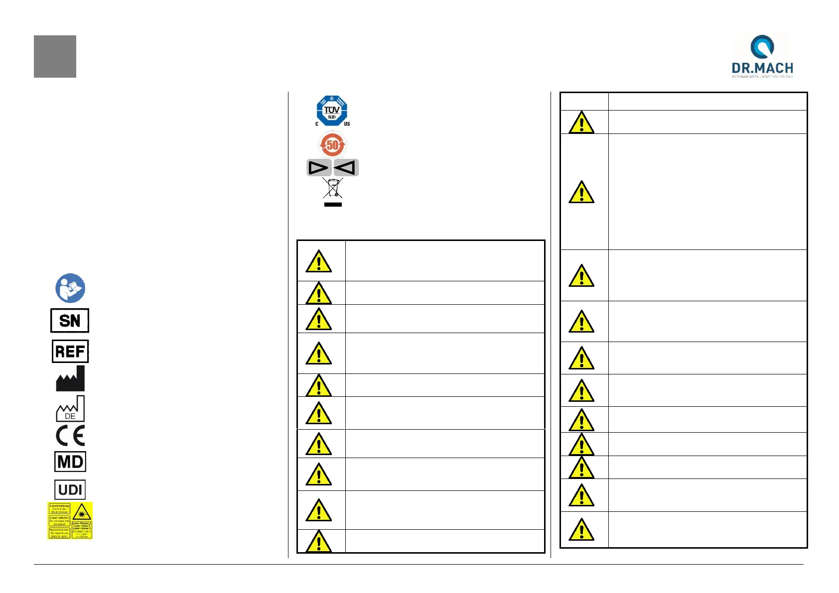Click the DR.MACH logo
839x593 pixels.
click(762, 56)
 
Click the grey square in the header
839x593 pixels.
click(55, 56)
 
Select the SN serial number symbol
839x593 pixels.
click(70, 321)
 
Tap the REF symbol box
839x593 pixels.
click(70, 352)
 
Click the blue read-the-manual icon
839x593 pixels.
click(70, 288)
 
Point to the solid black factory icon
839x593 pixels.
click(70, 379)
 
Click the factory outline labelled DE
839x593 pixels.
click(70, 409)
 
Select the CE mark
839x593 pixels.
click(70, 436)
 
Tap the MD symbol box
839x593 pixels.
click(70, 462)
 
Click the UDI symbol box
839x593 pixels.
click(70, 489)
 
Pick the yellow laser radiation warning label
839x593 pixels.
click(70, 520)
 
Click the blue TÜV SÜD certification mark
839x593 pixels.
click(332, 111)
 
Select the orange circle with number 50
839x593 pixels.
click(332, 145)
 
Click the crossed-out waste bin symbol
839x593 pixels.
click(332, 188)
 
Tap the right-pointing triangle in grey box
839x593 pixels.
click(319, 168)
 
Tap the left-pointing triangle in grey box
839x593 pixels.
click(346, 168)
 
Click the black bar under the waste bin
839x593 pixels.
click(333, 204)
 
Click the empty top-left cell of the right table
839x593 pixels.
click(584, 101)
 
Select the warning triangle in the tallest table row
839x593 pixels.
click(581, 192)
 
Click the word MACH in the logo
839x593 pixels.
click(775, 68)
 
